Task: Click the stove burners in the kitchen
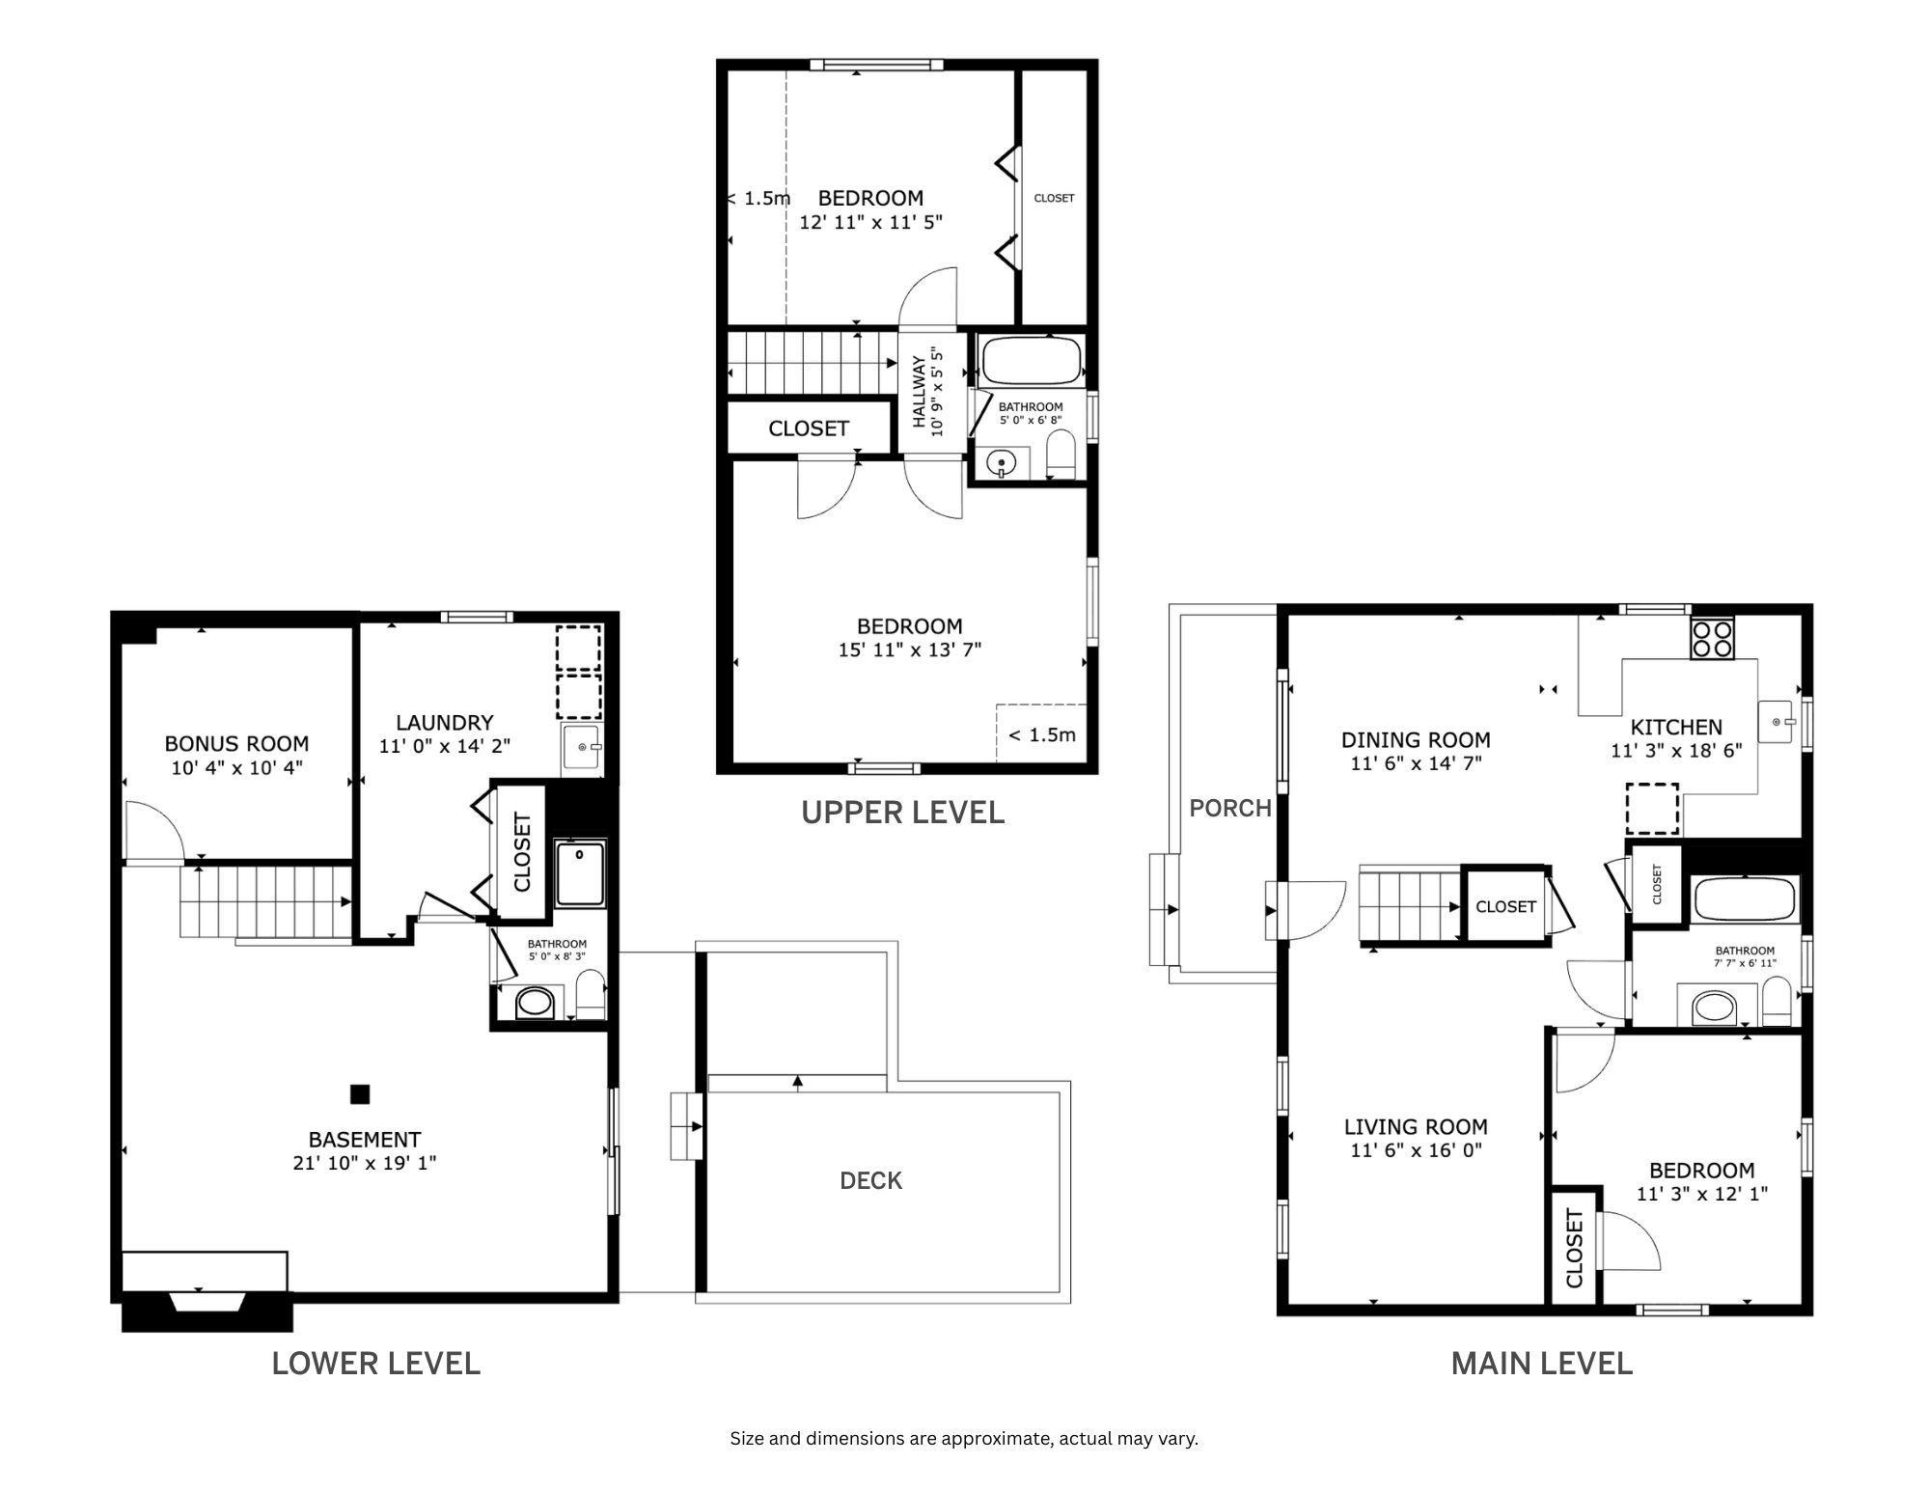1712,638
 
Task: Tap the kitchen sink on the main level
1777,721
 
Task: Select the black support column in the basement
360,1093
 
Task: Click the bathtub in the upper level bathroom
1031,362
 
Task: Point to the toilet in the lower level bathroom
590,994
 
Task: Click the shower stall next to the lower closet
580,873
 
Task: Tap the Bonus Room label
236,743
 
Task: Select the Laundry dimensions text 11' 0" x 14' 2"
444,746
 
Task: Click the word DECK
870,1180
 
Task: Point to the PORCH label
1229,808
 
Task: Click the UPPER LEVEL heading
902,813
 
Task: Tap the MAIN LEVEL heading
1541,1363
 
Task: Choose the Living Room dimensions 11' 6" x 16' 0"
1416,1149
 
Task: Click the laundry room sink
583,748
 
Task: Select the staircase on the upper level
811,363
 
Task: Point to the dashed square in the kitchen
1652,808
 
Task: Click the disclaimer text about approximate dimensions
963,1439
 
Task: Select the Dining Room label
1415,740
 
